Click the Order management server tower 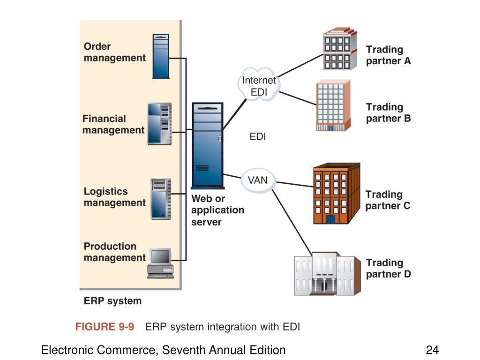tap(161, 56)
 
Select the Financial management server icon tap(159, 124)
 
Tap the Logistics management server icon tap(161, 199)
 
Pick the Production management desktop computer tap(161, 263)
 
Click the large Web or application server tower tap(208, 145)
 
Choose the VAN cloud tap(258, 180)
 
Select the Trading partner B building tap(333, 105)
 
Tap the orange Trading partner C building tap(337, 194)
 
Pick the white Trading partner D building tap(327, 274)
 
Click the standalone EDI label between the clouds tap(258, 136)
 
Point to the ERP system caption tap(112, 301)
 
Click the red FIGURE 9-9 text tap(105, 327)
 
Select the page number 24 tap(432, 350)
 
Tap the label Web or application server tap(217, 210)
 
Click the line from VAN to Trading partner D tap(292, 222)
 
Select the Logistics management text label tap(114, 197)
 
